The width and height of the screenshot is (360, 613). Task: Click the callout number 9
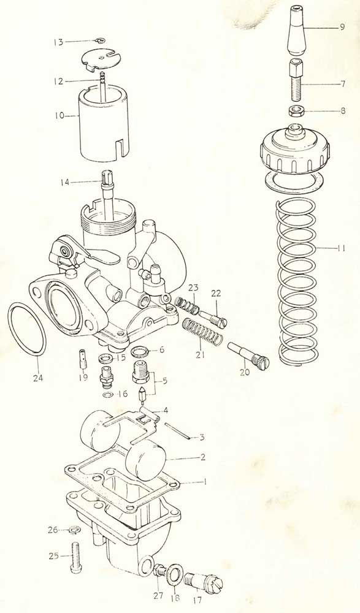click(x=342, y=28)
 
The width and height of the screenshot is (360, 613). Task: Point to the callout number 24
click(x=39, y=378)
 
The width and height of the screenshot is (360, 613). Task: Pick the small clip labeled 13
click(x=101, y=40)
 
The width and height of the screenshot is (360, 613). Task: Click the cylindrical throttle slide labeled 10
click(x=103, y=121)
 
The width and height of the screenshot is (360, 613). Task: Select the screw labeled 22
click(x=213, y=317)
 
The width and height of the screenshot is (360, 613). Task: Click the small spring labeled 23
click(x=186, y=305)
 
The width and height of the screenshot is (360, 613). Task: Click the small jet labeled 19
click(x=83, y=358)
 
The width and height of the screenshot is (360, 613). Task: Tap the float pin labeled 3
click(x=178, y=432)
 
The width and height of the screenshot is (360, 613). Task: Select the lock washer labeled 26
click(x=72, y=530)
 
